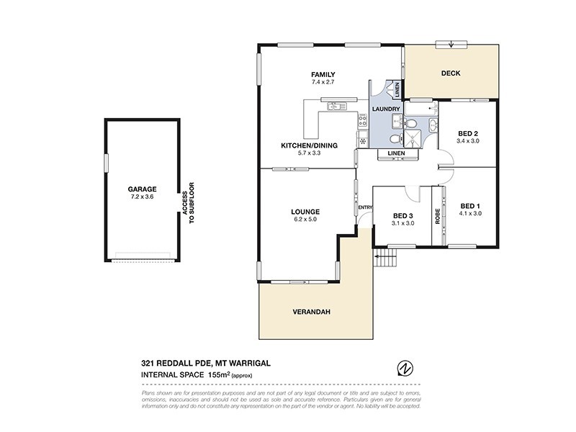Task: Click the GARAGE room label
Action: (x=141, y=189)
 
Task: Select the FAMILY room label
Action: (x=323, y=75)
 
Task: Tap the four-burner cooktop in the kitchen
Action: (x=362, y=141)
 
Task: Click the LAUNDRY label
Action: (x=385, y=109)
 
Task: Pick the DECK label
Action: (x=451, y=73)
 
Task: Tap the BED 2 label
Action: (x=468, y=133)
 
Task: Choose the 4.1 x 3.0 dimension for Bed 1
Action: (x=469, y=213)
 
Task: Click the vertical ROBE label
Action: (x=437, y=216)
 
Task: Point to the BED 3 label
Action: (x=403, y=215)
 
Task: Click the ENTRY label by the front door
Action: (x=366, y=208)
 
